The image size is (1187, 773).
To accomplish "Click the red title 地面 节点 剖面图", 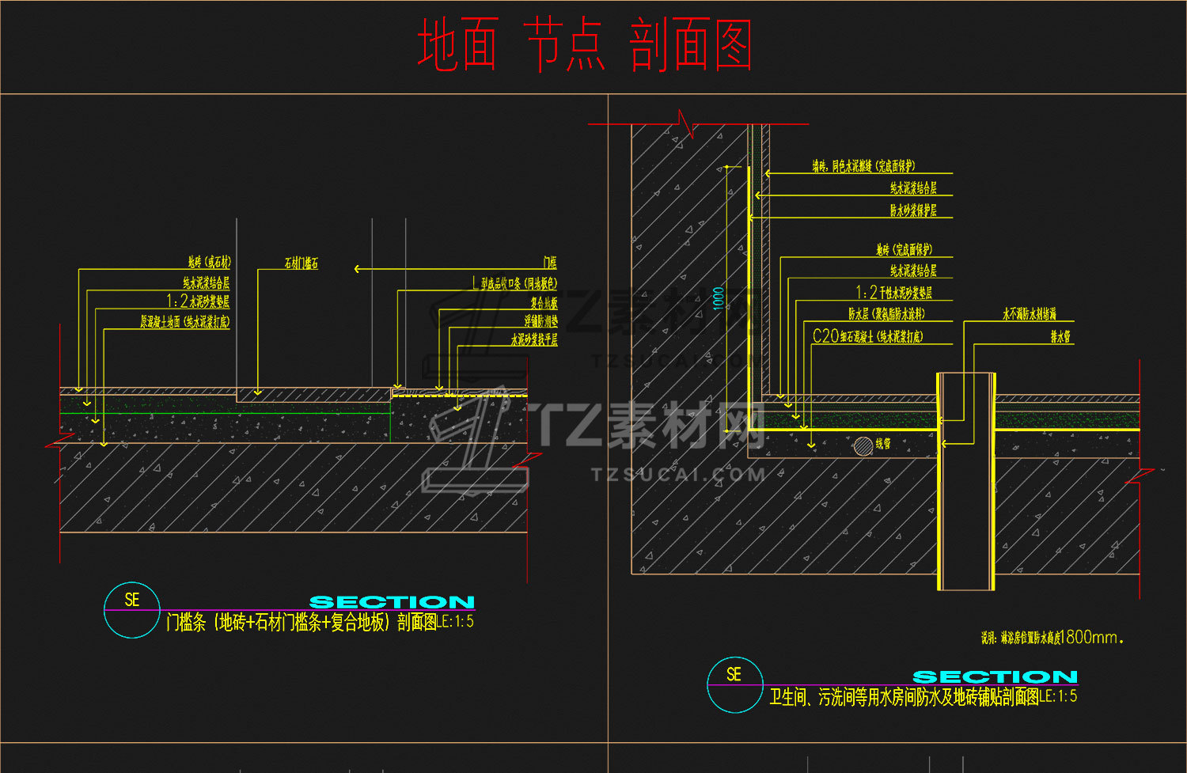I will tap(584, 46).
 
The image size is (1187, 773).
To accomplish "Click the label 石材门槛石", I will tap(301, 263).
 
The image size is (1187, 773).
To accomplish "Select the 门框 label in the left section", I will tap(550, 263).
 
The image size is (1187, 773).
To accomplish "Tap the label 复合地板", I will tap(544, 303).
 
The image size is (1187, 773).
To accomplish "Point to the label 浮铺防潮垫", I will tap(540, 321).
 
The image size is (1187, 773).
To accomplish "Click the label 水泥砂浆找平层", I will tap(534, 339).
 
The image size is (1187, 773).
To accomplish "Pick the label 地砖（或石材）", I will tap(209, 262).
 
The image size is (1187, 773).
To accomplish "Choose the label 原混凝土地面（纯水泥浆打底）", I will tap(185, 322).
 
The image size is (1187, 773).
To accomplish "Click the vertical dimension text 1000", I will tap(719, 297).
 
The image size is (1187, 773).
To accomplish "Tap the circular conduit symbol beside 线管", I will tap(863, 445).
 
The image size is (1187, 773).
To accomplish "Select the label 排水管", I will tap(1060, 337).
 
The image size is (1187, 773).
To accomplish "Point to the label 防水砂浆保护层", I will tap(913, 210).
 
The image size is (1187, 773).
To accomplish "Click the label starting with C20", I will tap(867, 336).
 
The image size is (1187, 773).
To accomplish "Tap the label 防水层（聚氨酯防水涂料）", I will tap(886, 314).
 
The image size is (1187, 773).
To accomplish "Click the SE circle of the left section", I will tap(132, 610).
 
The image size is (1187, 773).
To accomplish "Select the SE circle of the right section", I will tap(734, 684).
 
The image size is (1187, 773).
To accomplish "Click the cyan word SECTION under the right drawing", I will tap(995, 677).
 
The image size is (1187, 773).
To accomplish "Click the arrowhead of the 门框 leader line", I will tap(358, 269).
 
